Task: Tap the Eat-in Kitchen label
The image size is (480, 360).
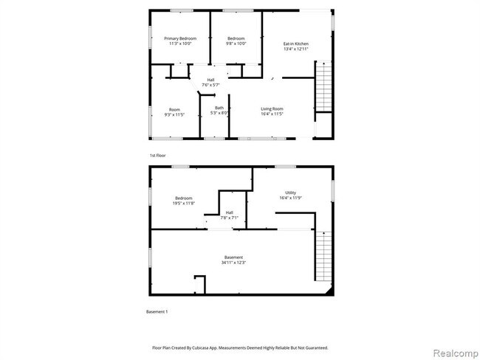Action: point(296,44)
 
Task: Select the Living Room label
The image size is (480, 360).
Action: point(272,109)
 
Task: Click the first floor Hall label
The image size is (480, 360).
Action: point(210,80)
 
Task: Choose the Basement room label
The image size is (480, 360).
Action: point(233,257)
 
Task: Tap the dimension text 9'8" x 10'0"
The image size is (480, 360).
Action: point(236,44)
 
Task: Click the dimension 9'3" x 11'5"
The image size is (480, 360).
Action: point(174,114)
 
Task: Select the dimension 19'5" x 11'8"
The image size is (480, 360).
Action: point(184,203)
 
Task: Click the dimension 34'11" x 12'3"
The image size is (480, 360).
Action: point(233,263)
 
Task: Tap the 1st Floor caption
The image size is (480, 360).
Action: point(157,156)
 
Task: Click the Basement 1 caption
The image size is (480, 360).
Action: point(157,312)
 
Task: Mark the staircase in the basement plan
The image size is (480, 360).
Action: point(323,254)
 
